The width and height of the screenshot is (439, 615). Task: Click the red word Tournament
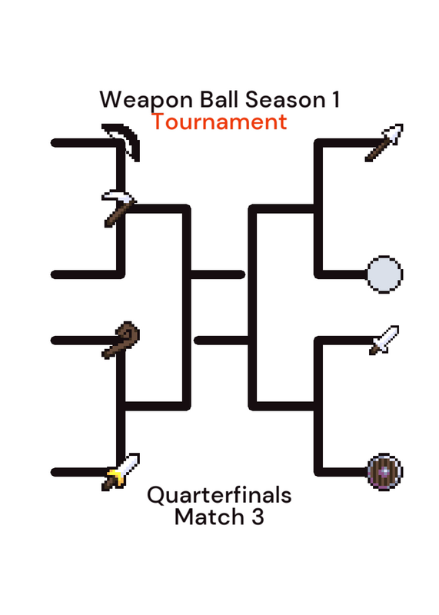pyautogui.click(x=219, y=121)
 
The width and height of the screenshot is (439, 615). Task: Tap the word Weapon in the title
pyautogui.click(x=146, y=100)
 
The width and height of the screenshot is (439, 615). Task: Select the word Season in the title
pyautogui.click(x=285, y=99)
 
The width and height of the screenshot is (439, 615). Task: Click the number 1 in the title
pyautogui.click(x=336, y=99)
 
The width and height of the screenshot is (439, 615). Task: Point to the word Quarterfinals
pyautogui.click(x=219, y=495)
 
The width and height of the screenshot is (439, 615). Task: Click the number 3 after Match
pyautogui.click(x=258, y=517)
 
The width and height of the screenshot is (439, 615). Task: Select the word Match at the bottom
pyautogui.click(x=210, y=517)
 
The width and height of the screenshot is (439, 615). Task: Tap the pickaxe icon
pyautogui.click(x=119, y=208)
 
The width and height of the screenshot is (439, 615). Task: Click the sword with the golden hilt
pyautogui.click(x=121, y=472)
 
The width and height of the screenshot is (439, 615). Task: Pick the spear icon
pyautogui.click(x=384, y=143)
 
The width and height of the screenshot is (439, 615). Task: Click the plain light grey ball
pyautogui.click(x=384, y=274)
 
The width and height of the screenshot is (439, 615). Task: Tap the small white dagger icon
pyautogui.click(x=384, y=341)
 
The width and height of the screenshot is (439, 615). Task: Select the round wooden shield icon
pyautogui.click(x=384, y=472)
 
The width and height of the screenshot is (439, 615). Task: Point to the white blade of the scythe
pyautogui.click(x=120, y=138)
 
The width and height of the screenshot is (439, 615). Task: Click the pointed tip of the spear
pyautogui.click(x=401, y=126)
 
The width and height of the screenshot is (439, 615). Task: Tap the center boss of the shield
pyautogui.click(x=385, y=472)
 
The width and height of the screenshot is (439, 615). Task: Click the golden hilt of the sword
pyautogui.click(x=115, y=476)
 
